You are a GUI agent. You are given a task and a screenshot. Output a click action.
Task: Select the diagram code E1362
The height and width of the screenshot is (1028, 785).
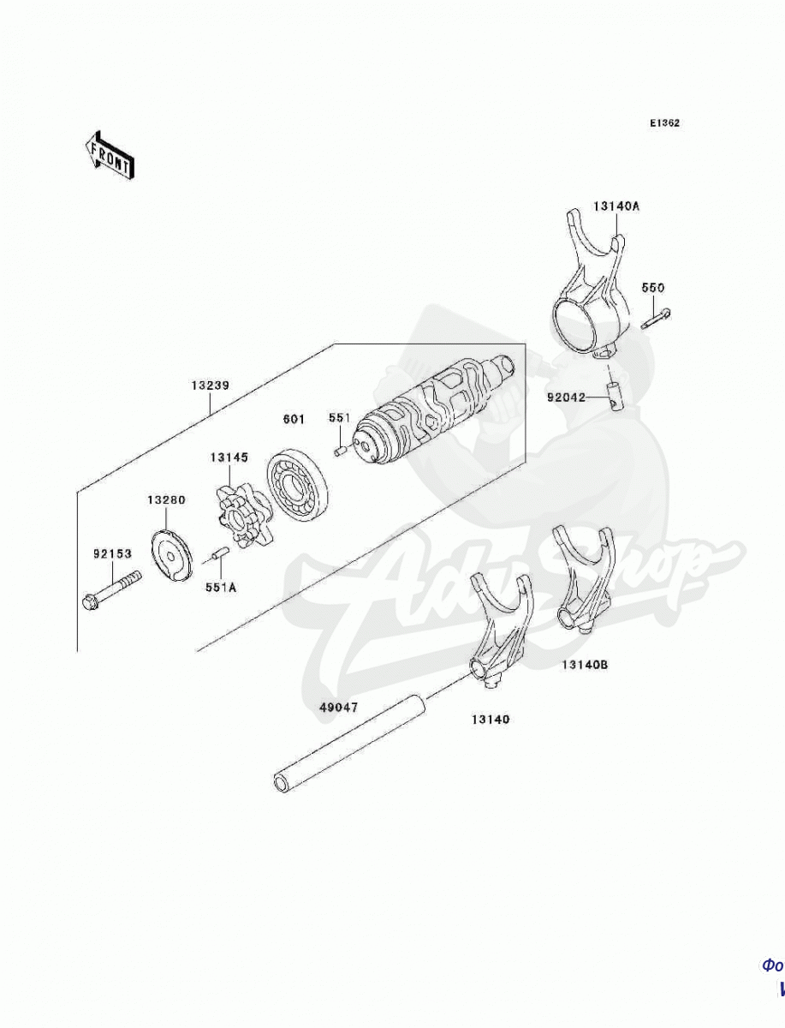pos(663,123)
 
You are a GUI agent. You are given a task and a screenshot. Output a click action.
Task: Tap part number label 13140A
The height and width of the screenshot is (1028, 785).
pos(616,206)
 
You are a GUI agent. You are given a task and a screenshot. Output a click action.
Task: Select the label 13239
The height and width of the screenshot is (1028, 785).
pos(210,385)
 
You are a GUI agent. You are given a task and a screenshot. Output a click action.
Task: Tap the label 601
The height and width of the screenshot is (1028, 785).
pos(294,419)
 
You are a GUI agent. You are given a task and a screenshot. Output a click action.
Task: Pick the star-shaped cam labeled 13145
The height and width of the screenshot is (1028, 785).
pos(239,514)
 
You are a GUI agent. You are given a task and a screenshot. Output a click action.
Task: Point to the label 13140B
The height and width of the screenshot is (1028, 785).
pos(585,664)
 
